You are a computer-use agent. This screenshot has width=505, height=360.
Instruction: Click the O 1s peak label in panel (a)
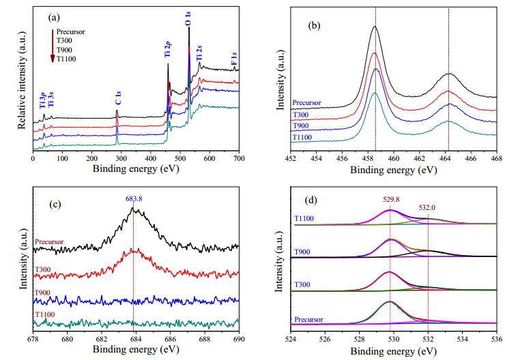189,18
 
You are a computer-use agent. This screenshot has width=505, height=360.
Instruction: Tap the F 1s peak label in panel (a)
235,59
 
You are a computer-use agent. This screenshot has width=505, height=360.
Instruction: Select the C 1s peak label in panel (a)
118,97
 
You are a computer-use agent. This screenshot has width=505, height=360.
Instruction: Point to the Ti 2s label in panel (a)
199,53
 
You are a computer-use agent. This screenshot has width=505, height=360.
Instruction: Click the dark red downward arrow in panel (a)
53,46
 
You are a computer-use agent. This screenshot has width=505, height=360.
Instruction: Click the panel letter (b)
314,25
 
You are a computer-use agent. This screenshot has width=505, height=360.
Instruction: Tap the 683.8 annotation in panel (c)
134,198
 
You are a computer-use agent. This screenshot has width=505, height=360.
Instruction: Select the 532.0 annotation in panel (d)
427,207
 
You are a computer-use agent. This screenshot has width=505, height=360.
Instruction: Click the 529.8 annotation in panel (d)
391,199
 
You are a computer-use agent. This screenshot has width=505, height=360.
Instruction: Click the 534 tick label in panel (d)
463,339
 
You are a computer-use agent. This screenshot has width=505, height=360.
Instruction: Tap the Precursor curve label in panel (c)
49,241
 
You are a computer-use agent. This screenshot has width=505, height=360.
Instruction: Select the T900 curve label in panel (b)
300,125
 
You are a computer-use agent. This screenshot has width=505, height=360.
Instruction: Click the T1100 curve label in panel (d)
304,218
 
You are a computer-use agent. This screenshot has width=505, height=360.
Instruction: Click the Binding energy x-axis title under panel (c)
136,348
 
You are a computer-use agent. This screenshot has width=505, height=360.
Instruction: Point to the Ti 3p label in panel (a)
42,100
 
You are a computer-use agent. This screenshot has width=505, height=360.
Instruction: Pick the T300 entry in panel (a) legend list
64,40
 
